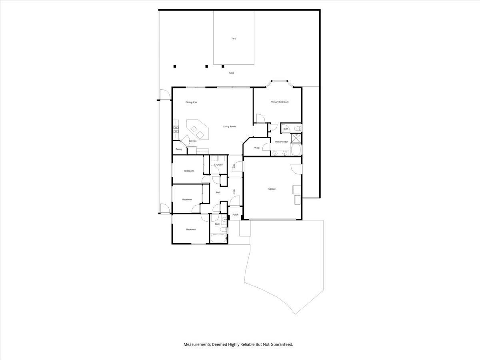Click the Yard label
coord(234,38)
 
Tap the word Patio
coord(231,73)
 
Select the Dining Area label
coord(191,102)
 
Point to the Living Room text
coord(229,126)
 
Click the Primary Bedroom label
coord(279,102)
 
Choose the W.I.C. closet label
coord(257,148)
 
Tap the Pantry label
coord(179,149)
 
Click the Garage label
coord(272,189)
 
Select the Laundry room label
coord(218,165)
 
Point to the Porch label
coord(235,215)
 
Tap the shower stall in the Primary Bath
coord(296,138)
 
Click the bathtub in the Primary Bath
coord(296,150)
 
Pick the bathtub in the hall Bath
coord(218,239)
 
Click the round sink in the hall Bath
coord(224,219)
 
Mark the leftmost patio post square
coord(174,66)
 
